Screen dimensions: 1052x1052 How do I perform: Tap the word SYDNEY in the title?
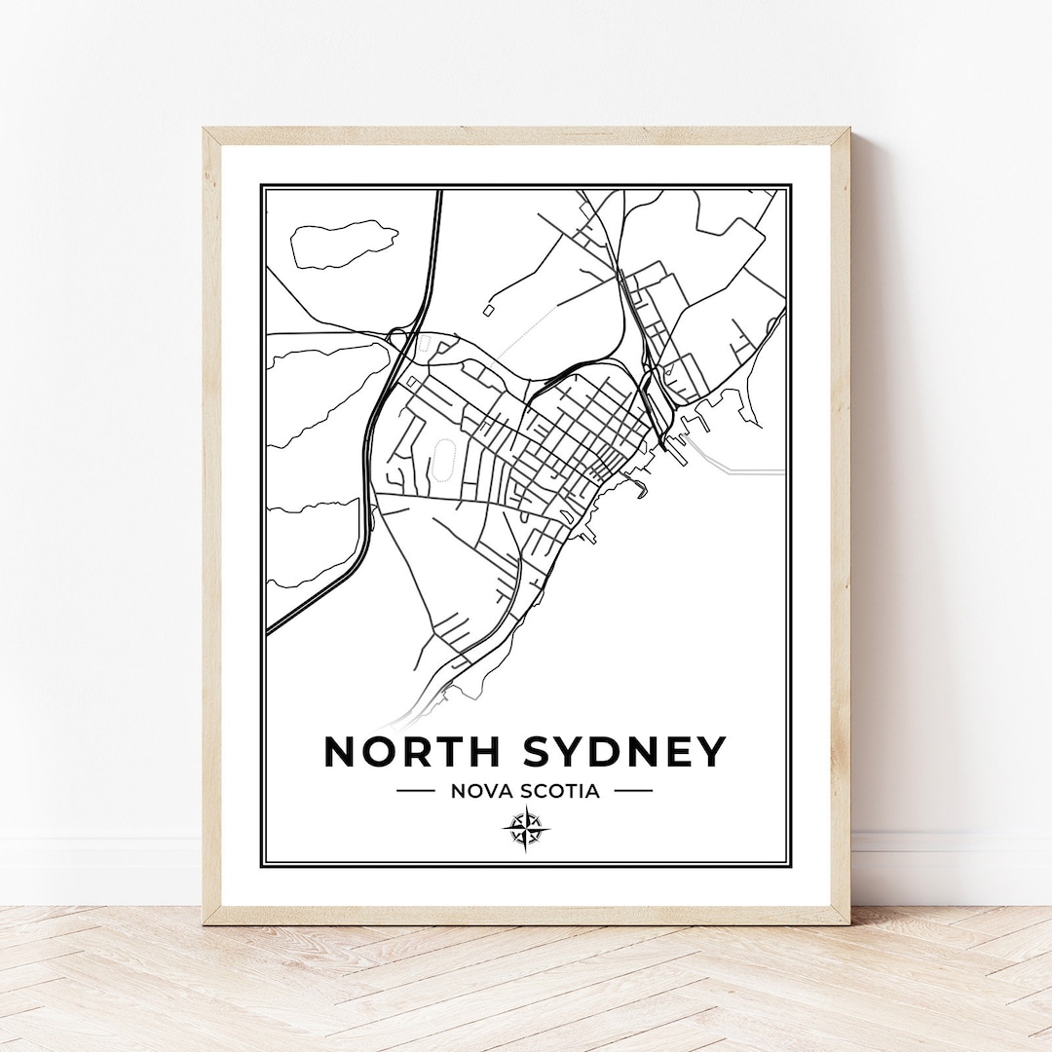click(x=625, y=752)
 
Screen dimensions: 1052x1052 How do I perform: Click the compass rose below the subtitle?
click(x=526, y=830)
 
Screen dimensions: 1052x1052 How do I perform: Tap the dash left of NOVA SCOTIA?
click(x=416, y=791)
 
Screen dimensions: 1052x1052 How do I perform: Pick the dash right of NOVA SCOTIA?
click(x=633, y=791)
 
